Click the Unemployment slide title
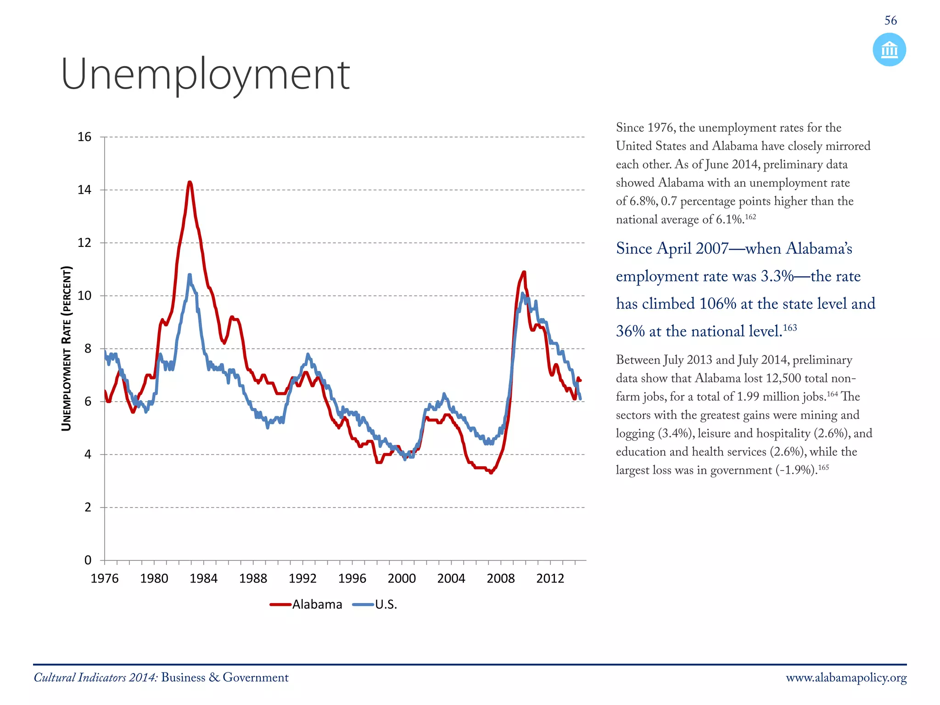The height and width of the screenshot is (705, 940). click(205, 75)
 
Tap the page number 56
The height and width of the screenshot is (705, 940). click(890, 21)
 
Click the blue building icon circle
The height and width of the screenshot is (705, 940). click(889, 50)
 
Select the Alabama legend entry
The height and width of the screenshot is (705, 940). click(307, 604)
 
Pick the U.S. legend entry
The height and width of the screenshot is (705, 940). click(375, 604)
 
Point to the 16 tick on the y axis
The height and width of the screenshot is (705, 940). click(84, 137)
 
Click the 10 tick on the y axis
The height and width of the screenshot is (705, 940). click(84, 296)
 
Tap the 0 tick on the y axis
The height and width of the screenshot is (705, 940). click(88, 560)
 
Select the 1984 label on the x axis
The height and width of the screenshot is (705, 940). click(203, 578)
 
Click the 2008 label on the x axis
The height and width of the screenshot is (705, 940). click(500, 578)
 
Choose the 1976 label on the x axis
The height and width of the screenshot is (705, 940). click(105, 578)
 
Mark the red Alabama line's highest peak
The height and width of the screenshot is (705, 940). click(190, 182)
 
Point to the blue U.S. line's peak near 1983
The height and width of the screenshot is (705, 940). click(190, 275)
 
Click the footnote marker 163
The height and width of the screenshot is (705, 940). click(790, 328)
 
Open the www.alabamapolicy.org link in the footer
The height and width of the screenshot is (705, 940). click(846, 678)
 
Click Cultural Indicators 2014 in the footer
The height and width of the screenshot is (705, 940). click(95, 678)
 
